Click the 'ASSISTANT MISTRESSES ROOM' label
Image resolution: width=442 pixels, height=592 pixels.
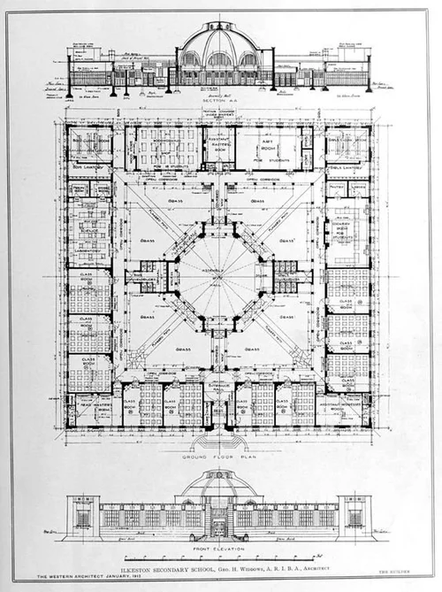[344, 405]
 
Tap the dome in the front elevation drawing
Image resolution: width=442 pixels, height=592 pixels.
[218, 482]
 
